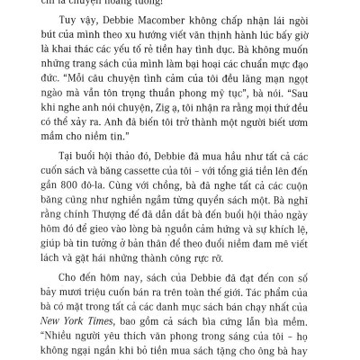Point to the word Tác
click(249, 286)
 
